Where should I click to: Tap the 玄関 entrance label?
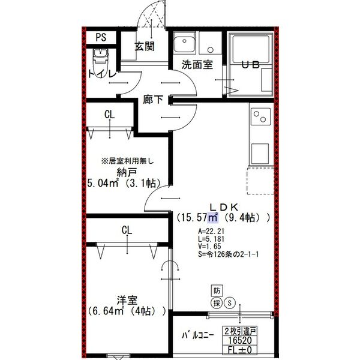(x=145, y=46)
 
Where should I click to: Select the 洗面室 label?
(x=197, y=65)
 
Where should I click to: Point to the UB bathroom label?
(x=250, y=65)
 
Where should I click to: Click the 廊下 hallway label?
(x=154, y=100)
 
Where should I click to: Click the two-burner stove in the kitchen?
(x=262, y=116)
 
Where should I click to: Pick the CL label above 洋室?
(x=127, y=230)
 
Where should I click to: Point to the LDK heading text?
(x=225, y=205)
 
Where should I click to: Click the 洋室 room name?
(x=127, y=300)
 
